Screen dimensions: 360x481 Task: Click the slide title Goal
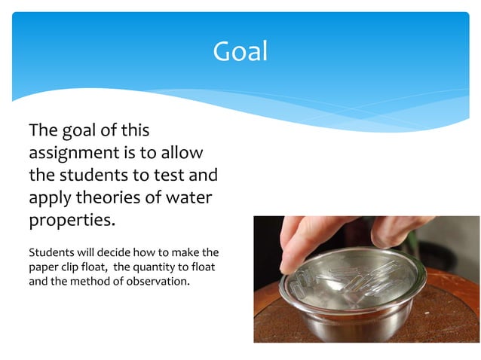point(240,51)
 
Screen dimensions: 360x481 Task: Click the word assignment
point(69,153)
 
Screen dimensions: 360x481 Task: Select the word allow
point(182,153)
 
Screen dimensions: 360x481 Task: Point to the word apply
point(50,199)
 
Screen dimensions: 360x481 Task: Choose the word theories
point(108,199)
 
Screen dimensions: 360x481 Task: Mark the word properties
point(72,221)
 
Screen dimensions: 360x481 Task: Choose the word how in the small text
point(146,252)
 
